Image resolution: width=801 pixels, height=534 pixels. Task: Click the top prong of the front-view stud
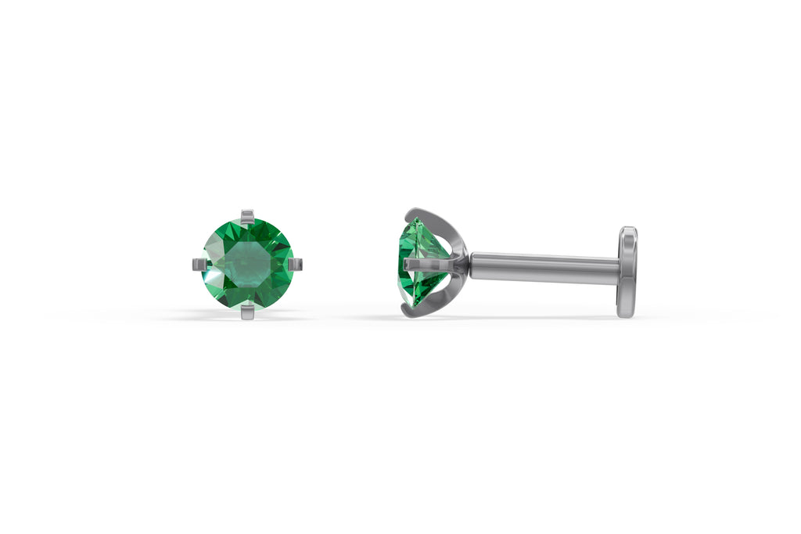click(247, 216)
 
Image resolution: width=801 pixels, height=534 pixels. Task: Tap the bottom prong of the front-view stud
click(247, 312)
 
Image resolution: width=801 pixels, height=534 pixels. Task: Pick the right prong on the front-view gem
click(295, 265)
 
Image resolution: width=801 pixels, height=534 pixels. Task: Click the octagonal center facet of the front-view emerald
click(247, 265)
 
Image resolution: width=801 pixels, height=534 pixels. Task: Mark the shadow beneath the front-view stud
click(247, 318)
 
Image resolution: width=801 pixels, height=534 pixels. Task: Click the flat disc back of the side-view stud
click(627, 272)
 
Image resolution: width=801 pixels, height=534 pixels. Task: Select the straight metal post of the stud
click(544, 267)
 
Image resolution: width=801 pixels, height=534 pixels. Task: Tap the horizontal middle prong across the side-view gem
click(427, 265)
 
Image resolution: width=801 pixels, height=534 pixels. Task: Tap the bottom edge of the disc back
click(625, 314)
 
